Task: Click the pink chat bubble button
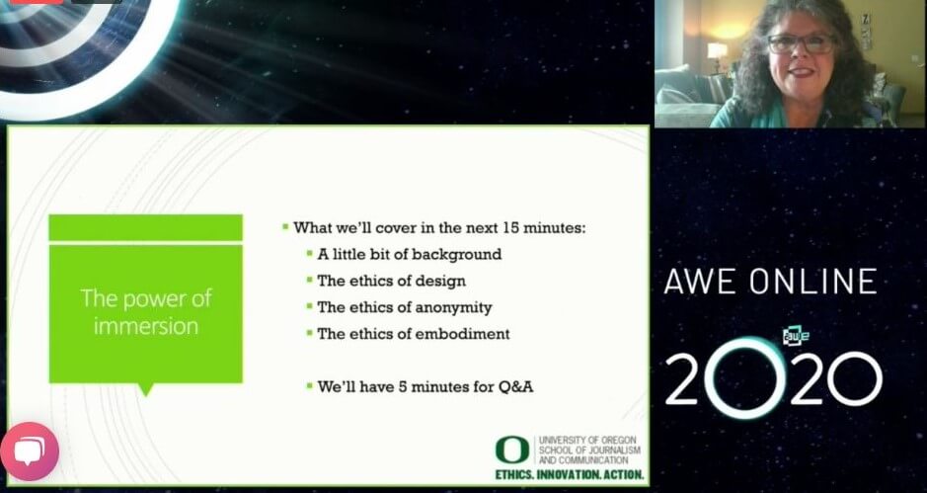tap(30, 452)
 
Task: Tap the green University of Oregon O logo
tap(512, 450)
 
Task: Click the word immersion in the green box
tap(145, 326)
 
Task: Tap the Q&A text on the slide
tap(516, 387)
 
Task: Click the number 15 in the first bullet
tap(512, 227)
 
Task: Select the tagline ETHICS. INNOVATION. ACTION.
tap(570, 474)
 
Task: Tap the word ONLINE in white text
tap(813, 282)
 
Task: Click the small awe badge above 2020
tap(796, 336)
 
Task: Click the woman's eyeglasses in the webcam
tap(802, 44)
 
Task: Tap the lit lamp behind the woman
tap(717, 49)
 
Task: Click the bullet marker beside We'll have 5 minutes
tap(309, 386)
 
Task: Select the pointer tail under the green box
tap(145, 389)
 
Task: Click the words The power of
tap(145, 298)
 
